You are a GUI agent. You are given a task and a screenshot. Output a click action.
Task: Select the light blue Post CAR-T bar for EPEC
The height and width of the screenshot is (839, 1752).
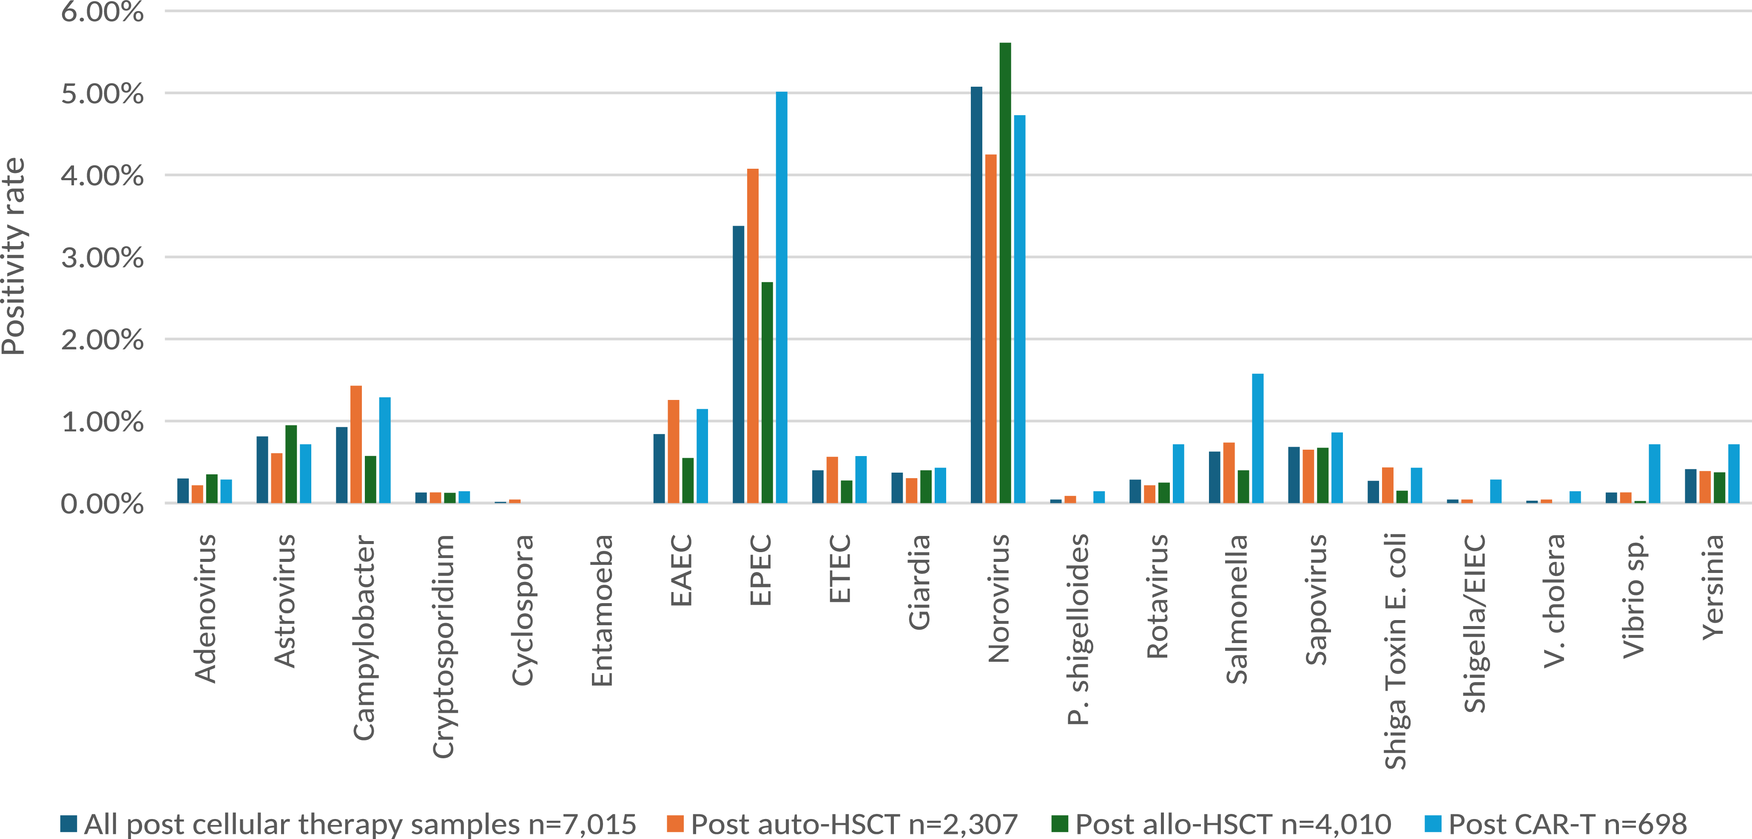pos(782,297)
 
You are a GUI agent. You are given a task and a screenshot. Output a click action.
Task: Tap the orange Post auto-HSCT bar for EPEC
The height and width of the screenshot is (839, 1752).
pos(753,336)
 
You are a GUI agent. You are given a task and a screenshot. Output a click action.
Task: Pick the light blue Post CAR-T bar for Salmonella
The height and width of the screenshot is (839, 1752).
pos(1257,439)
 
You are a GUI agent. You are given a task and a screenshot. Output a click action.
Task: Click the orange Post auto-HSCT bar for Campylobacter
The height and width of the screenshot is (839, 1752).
pos(356,445)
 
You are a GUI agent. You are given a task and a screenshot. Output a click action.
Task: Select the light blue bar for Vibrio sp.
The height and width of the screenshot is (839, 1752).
pos(1654,474)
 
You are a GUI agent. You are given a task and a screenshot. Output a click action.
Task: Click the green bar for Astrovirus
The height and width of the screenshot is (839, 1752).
pos(291,465)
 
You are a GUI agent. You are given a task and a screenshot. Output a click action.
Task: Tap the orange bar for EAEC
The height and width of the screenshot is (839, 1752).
pos(673,451)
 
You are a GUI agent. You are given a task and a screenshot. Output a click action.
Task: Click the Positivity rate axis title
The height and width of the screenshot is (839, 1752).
pos(14,256)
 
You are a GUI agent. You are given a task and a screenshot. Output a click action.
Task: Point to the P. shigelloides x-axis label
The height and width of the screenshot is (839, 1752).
pos(1078,629)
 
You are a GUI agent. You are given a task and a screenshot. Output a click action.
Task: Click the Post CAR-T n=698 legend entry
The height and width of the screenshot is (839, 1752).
pos(1556,824)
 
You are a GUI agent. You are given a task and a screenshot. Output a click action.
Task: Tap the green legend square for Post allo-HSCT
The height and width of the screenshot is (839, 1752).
pos(1060,824)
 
